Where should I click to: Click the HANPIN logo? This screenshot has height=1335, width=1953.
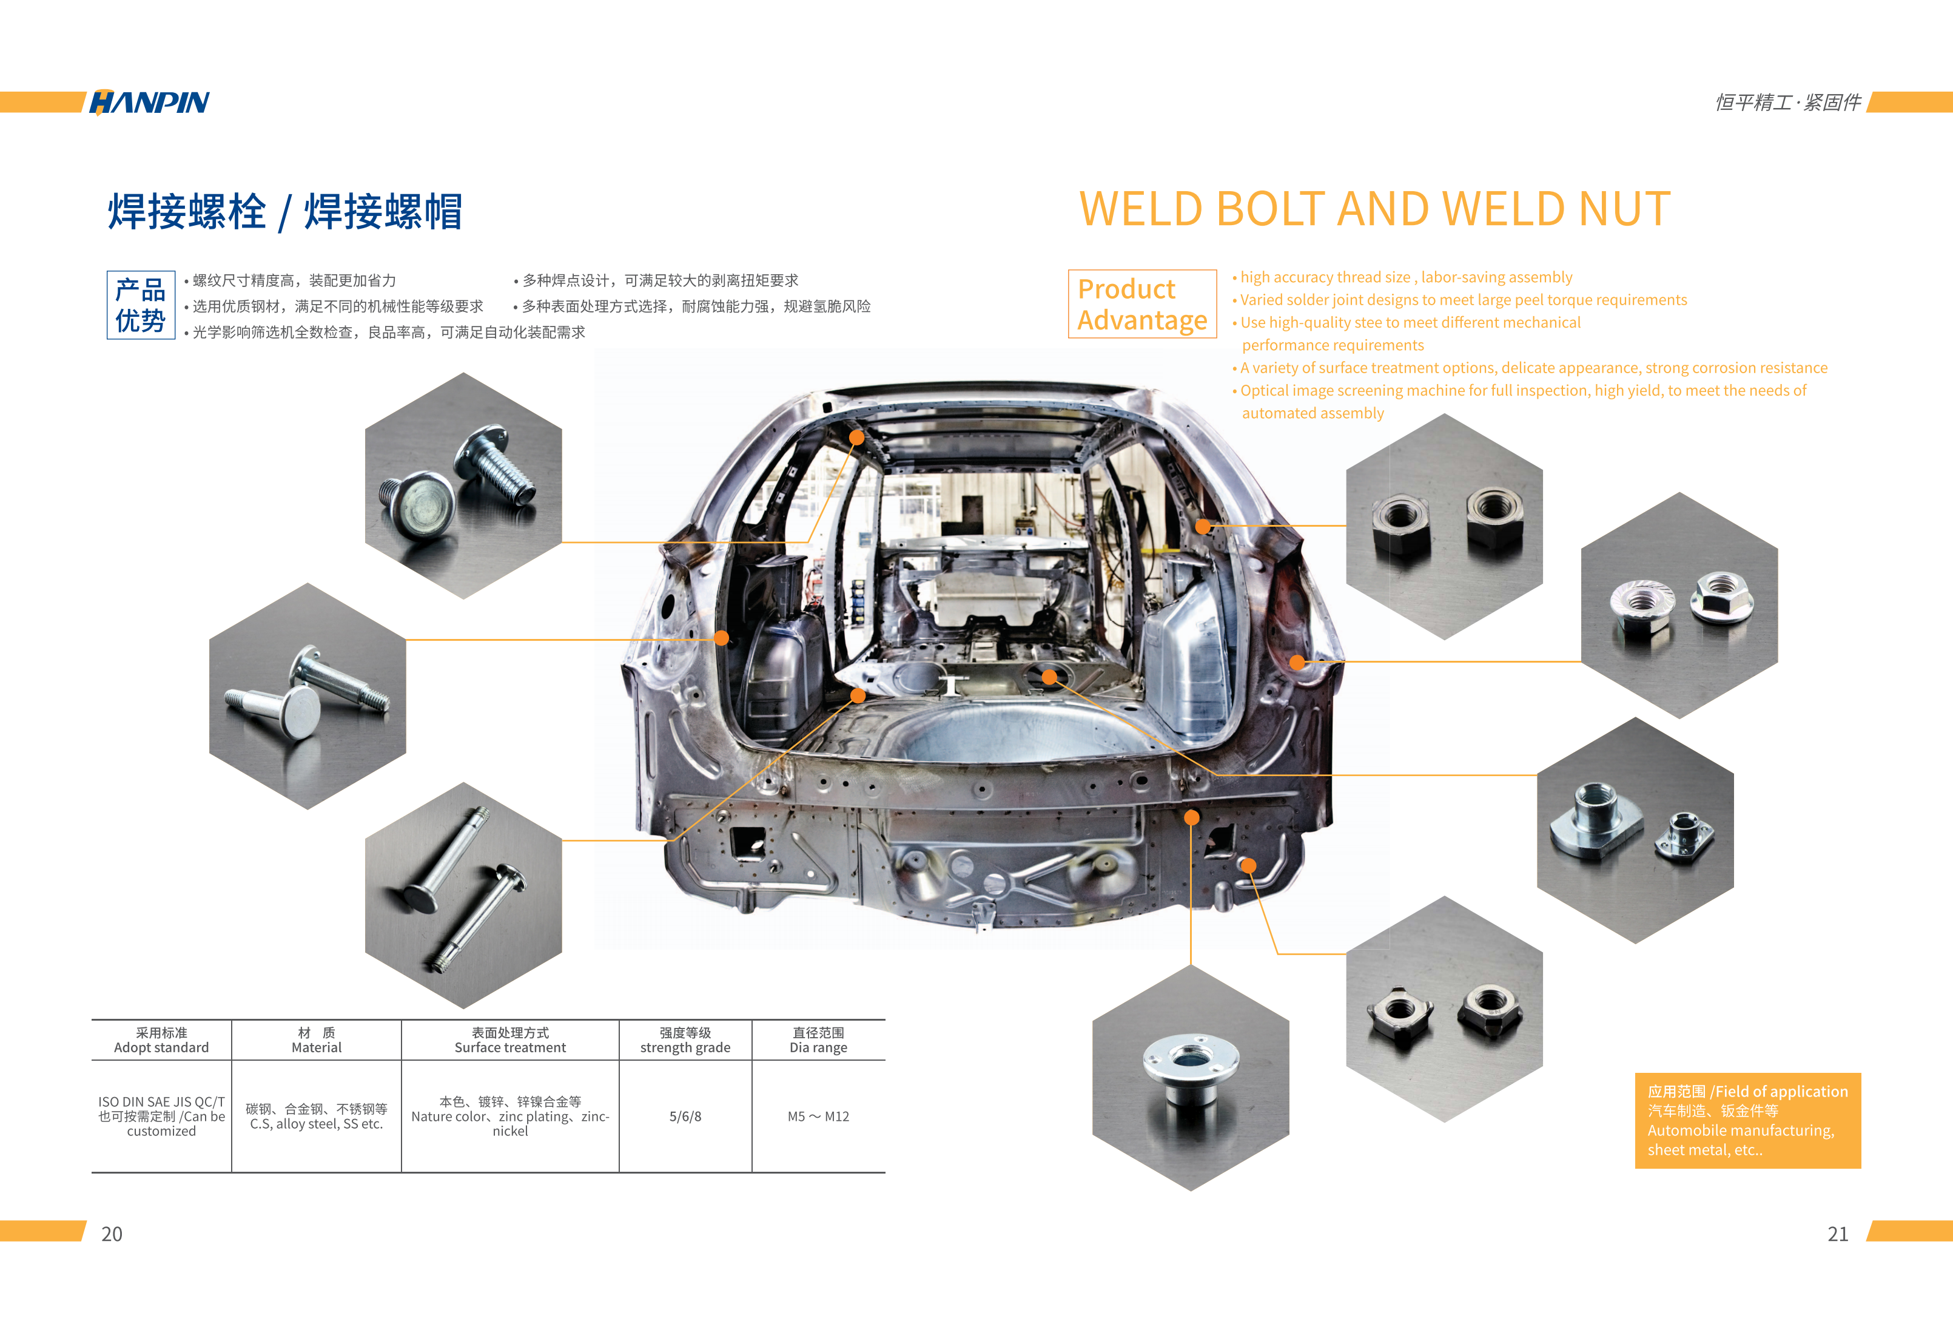pos(150,102)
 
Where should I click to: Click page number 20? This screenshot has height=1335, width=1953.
pos(112,1233)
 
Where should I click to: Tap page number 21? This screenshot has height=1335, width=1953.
pos(1838,1233)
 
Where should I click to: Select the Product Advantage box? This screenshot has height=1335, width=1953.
pos(1142,303)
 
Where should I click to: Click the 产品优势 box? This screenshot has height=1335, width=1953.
pos(140,305)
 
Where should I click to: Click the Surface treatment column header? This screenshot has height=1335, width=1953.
pos(510,1040)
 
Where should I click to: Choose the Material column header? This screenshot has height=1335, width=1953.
pos(317,1040)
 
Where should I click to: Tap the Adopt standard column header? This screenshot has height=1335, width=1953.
pos(161,1040)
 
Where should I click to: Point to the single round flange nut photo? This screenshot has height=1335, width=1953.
pos(1191,1078)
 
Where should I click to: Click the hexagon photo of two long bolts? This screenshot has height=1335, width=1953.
pos(463,895)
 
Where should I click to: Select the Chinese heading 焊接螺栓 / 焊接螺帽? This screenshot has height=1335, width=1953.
pos(286,211)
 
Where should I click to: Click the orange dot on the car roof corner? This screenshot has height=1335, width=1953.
pos(856,437)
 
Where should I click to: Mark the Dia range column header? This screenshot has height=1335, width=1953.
pos(819,1040)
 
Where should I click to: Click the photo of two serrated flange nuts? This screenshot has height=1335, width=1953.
pos(1679,605)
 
